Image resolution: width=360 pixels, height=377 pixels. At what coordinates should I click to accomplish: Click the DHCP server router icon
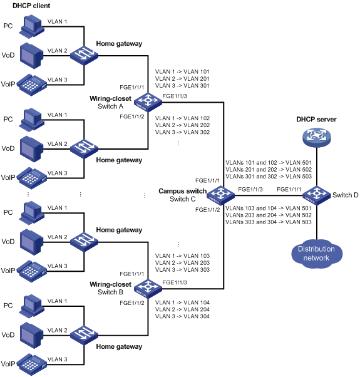click(317, 137)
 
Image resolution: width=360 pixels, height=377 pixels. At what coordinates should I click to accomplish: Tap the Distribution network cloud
click(317, 254)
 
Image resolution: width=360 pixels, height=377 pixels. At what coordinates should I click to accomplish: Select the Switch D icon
click(317, 195)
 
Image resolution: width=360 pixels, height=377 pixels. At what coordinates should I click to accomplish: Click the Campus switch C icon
click(220, 195)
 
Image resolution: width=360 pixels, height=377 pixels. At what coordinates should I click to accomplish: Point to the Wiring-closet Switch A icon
click(148, 103)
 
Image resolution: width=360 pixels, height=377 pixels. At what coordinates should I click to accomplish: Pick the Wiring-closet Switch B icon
click(148, 289)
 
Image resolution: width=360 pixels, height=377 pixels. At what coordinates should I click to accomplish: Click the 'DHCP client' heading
click(31, 6)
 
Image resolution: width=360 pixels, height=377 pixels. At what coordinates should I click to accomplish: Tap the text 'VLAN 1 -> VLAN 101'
click(182, 71)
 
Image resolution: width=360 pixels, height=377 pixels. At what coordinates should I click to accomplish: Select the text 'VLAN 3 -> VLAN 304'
click(182, 316)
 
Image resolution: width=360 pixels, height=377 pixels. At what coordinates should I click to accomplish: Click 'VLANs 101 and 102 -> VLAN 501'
click(269, 163)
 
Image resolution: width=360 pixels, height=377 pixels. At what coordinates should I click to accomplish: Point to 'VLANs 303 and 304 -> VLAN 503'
click(269, 222)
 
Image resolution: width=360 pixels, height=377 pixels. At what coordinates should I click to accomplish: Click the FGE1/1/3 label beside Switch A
click(175, 96)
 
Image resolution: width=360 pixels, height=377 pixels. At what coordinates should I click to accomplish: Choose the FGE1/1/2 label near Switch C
click(207, 210)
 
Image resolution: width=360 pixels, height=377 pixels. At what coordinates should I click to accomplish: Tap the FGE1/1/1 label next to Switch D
click(289, 190)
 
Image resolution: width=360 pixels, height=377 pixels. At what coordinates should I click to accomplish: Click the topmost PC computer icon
click(31, 26)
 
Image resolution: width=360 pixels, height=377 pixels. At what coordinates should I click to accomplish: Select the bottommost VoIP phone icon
click(31, 364)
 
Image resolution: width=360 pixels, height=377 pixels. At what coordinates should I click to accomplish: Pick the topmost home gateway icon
click(84, 56)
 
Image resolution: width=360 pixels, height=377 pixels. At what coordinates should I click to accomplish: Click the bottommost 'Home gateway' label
click(119, 347)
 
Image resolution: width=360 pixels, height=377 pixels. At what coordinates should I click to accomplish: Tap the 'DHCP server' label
click(316, 119)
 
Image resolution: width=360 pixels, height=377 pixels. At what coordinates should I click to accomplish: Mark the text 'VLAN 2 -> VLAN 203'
click(182, 263)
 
